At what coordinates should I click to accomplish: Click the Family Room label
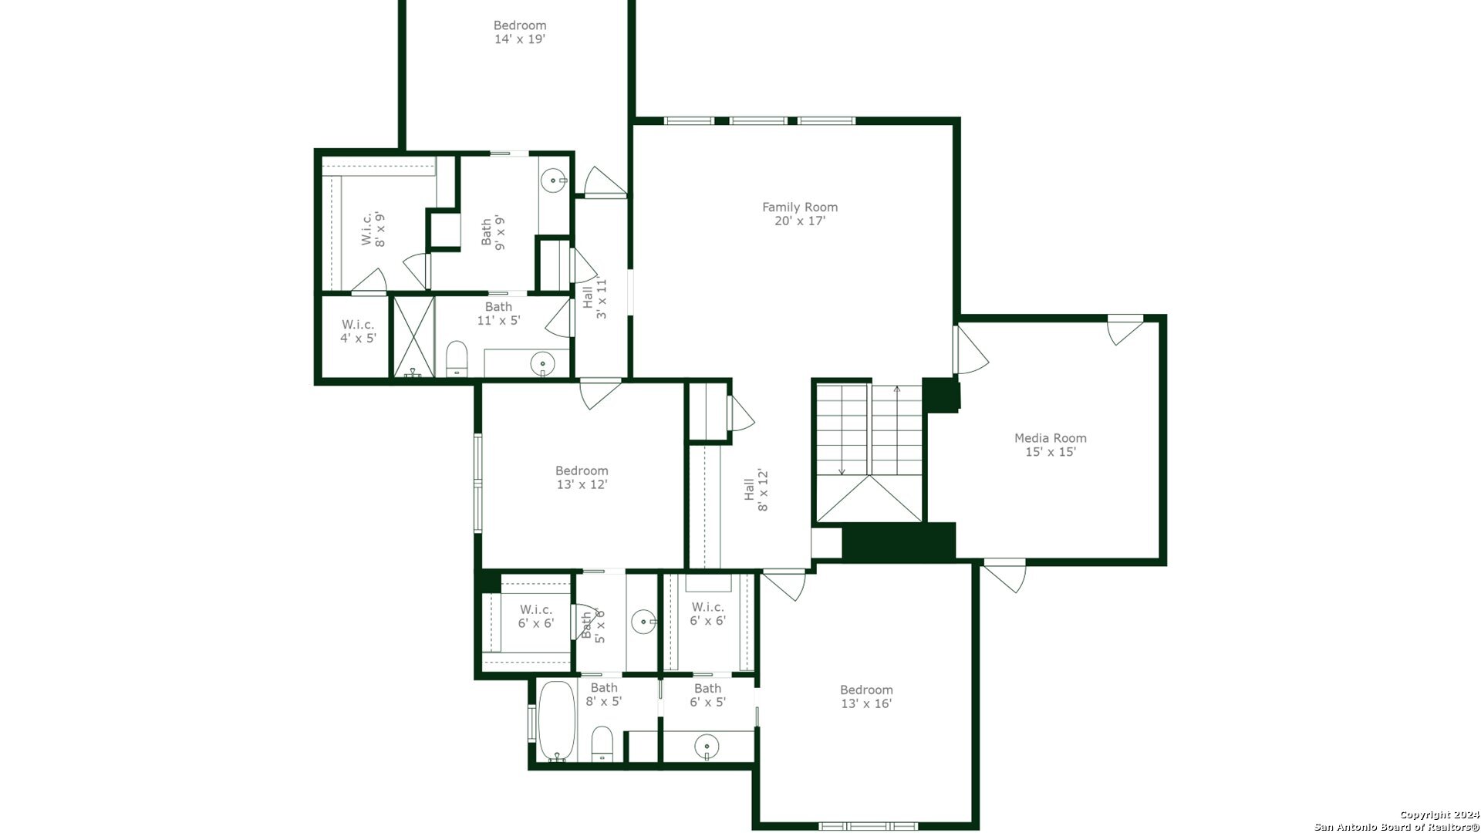coord(800,214)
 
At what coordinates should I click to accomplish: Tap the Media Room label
coord(1050,445)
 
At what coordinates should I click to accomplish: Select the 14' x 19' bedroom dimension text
coord(520,39)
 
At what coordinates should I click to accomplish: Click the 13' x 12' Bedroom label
coord(582,477)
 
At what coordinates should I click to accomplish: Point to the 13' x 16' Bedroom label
coord(866,696)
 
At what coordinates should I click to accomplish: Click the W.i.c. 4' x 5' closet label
coord(358,331)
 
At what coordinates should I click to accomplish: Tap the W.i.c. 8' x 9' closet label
coord(373,229)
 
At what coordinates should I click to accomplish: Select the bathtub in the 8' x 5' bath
coord(556,720)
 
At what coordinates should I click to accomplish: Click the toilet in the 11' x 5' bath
coord(457,359)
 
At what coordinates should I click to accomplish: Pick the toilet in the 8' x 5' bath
coord(602,744)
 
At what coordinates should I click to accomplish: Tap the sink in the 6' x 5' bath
coord(707,747)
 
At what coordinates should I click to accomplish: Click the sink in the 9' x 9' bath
coord(554,181)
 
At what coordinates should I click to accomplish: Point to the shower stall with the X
coord(414,337)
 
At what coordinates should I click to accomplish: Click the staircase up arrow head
coord(896,389)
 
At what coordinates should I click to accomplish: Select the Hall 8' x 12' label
coord(756,490)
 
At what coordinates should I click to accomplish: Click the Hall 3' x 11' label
coord(595,298)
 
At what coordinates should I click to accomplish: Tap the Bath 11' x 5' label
coord(498,313)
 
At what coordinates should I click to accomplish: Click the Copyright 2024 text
coord(1439,814)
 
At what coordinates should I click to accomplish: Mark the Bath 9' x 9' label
coord(493,232)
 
